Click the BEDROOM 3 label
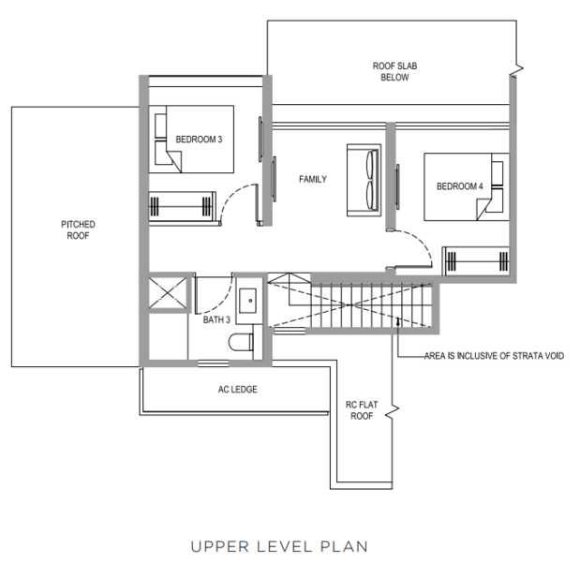coord(199,140)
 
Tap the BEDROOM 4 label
coord(459,186)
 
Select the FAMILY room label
coord(313,179)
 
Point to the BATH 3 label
coord(216,319)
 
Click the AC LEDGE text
coord(237,390)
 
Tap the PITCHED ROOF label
coord(78,230)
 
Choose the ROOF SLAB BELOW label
coord(394,72)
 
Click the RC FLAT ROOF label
coord(362,410)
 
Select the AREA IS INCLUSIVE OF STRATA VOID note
coord(494,356)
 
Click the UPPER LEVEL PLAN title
coord(279,546)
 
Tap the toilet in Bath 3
coord(241,343)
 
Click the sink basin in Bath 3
coord(247,301)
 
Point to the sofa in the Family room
coord(364,180)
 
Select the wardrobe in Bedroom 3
coord(182,207)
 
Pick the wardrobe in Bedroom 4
coord(476,261)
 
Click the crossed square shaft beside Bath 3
coord(168,293)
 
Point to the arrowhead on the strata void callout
coord(398,321)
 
